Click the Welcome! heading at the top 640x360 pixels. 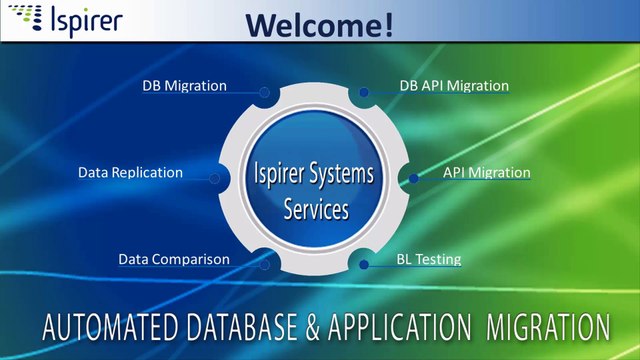coord(319,23)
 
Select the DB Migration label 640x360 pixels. coord(184,86)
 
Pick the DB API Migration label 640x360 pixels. coord(454,86)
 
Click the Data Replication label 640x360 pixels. coord(130,172)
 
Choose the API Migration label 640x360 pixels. coord(486,172)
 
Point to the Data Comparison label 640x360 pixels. coord(174,259)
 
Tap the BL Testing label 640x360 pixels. coord(428,259)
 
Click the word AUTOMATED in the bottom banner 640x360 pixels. coord(104,327)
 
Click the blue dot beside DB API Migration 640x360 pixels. coord(365,92)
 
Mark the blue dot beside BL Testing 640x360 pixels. coord(364,265)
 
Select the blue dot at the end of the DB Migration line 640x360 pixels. coord(265,92)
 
